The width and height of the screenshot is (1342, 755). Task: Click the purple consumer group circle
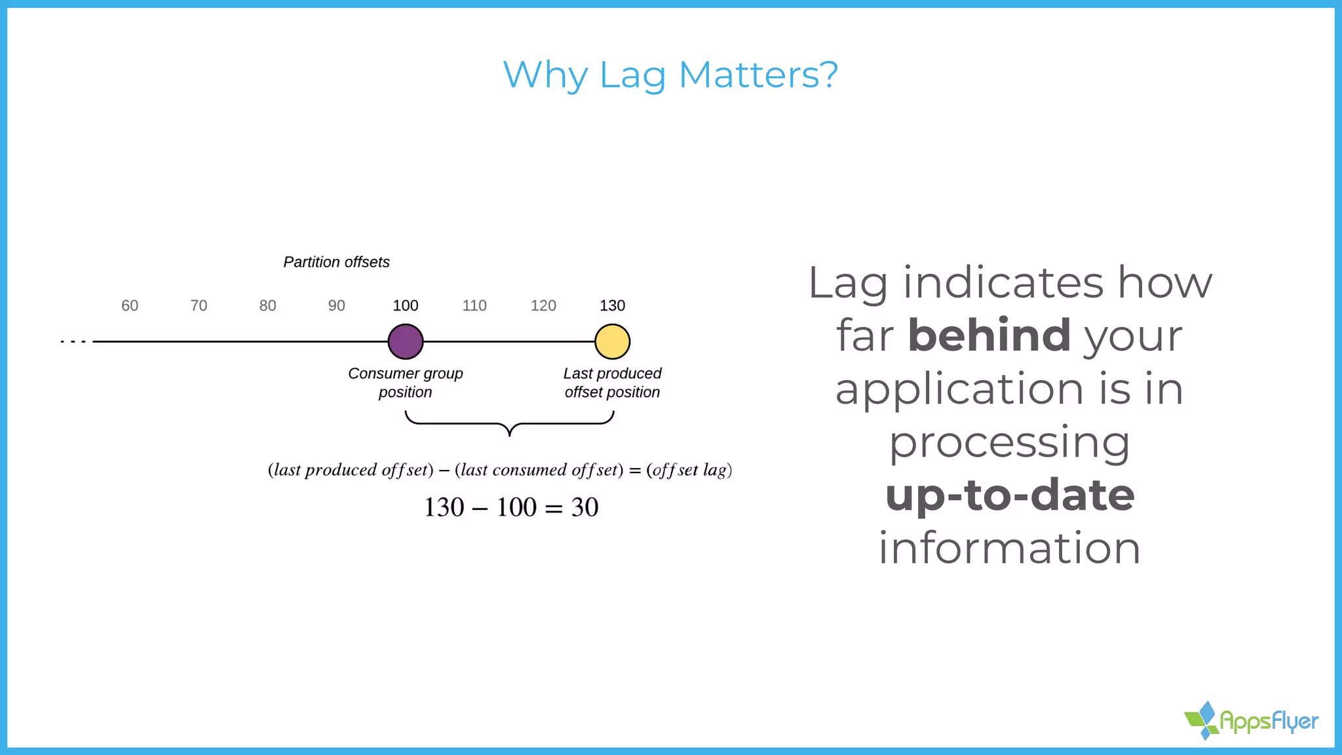click(x=406, y=341)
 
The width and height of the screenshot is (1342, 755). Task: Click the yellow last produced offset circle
click(x=612, y=341)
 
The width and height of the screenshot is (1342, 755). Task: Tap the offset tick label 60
click(x=130, y=305)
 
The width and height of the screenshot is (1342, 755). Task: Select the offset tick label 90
click(x=336, y=305)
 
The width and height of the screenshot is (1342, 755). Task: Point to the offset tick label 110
click(x=474, y=305)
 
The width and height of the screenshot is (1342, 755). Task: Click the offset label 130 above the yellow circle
click(x=612, y=305)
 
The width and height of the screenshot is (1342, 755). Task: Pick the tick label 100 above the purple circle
click(x=406, y=305)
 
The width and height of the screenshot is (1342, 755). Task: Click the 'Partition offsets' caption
click(x=336, y=262)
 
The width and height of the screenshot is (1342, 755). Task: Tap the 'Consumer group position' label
click(x=406, y=383)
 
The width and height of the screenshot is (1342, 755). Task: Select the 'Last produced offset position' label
click(x=612, y=383)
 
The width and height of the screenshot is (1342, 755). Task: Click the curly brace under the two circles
click(x=509, y=424)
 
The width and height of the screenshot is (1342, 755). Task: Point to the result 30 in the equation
click(x=585, y=507)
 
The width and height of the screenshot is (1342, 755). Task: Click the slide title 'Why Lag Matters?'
click(x=670, y=75)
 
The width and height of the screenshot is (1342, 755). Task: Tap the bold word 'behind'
click(x=989, y=335)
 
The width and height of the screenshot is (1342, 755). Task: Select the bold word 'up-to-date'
click(x=1010, y=495)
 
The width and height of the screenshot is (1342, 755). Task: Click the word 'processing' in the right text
click(x=1010, y=442)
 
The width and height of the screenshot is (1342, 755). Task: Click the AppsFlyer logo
click(x=1251, y=721)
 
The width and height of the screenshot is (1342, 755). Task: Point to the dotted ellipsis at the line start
click(x=73, y=341)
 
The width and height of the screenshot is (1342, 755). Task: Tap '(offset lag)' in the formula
click(x=689, y=470)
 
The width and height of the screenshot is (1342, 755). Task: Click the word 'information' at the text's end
click(x=1010, y=548)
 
